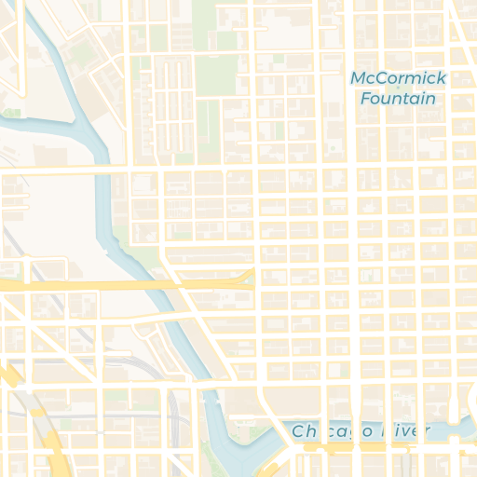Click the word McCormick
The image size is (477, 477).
398,78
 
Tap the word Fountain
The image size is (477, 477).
398,99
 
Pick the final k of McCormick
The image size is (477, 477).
442,78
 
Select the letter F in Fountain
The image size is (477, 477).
365,99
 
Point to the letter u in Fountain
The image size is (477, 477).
388,99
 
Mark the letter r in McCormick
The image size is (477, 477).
401,78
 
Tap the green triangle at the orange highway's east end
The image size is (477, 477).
247,277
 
